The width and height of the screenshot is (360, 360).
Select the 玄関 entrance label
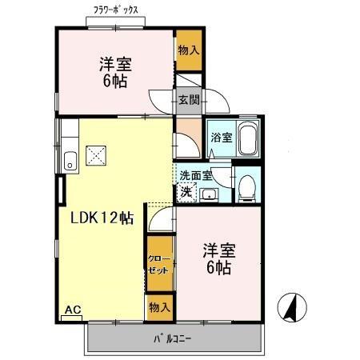point(189,100)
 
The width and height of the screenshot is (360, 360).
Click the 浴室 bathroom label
point(221,138)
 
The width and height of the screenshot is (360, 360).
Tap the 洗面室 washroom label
point(194,175)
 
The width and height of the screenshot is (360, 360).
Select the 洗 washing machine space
point(186,191)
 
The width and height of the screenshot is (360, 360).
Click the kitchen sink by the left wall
point(70,160)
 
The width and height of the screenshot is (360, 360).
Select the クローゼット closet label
point(158,266)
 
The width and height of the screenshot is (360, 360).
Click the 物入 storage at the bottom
point(158,307)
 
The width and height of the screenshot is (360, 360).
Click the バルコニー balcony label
point(172,339)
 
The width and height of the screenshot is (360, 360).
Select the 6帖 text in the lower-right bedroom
point(218,269)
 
